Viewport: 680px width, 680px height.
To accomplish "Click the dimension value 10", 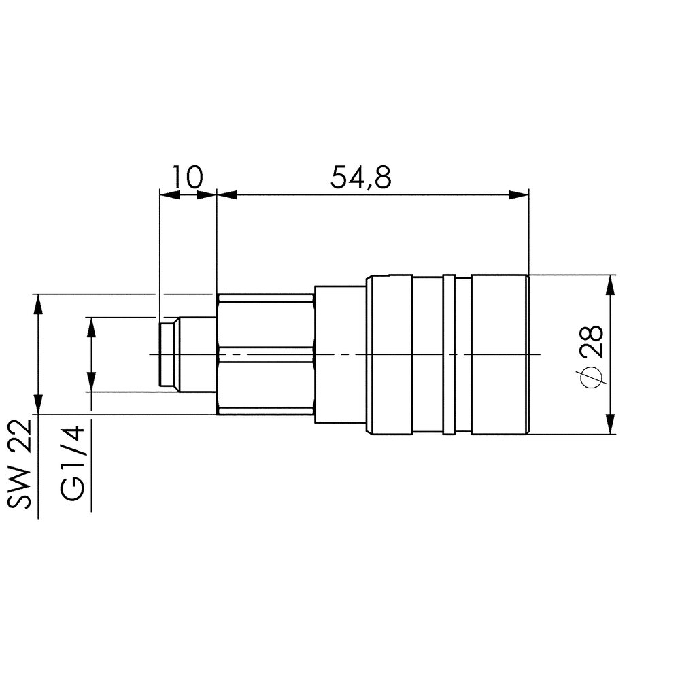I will (186, 177).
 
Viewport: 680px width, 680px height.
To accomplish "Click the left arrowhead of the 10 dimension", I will (167, 196).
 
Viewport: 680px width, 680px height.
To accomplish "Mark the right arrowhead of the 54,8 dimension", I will (520, 196).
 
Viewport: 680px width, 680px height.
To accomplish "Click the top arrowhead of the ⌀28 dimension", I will (611, 284).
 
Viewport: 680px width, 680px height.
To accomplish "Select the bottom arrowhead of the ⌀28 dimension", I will (611, 424).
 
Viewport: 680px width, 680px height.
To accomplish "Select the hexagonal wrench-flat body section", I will (265, 354).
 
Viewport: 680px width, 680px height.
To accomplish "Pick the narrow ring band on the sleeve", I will (448, 354).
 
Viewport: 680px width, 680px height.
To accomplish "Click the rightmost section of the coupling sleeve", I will (500, 354).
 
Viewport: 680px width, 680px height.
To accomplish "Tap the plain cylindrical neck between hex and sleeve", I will (340, 354).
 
